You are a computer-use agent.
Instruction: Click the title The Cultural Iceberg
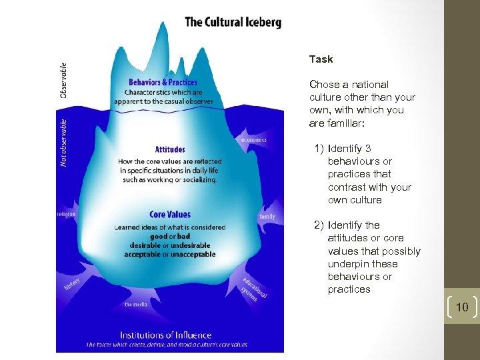(x=233, y=22)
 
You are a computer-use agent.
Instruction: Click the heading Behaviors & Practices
(x=163, y=82)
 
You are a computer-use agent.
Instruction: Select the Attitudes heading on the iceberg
(x=170, y=149)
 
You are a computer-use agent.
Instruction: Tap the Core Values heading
(x=170, y=215)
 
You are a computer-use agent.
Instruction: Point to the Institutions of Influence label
(x=165, y=335)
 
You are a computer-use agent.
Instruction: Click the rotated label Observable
(x=63, y=81)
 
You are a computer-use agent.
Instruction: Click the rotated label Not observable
(x=64, y=143)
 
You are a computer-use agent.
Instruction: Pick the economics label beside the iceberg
(x=254, y=140)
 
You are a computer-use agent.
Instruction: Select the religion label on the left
(x=67, y=214)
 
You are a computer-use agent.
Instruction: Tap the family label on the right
(x=267, y=217)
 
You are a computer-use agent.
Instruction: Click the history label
(x=72, y=284)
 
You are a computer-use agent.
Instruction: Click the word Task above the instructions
(x=321, y=59)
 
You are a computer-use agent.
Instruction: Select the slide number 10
(x=461, y=307)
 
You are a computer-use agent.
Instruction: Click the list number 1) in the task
(x=319, y=149)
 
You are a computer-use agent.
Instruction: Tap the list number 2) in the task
(x=319, y=225)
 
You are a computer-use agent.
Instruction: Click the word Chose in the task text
(x=324, y=85)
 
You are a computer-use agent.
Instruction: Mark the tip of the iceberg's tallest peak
(x=162, y=22)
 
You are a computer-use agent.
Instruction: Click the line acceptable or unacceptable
(x=170, y=254)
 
